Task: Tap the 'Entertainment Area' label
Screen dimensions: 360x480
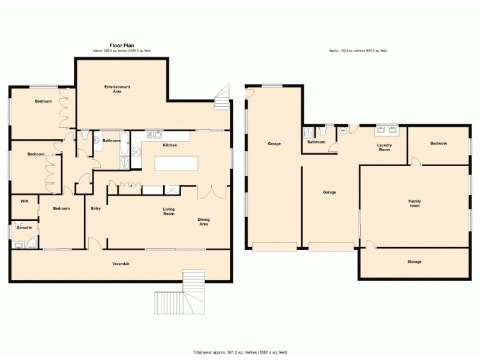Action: pyautogui.click(x=117, y=89)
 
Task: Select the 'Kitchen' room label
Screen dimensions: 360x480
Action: pyautogui.click(x=170, y=145)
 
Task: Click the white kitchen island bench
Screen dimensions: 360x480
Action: pyautogui.click(x=176, y=163)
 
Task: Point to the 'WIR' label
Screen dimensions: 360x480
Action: pyautogui.click(x=25, y=202)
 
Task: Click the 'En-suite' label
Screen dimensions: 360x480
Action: pyautogui.click(x=24, y=228)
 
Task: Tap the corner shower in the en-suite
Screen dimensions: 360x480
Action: pyautogui.click(x=31, y=243)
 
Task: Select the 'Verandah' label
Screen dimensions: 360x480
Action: pyautogui.click(x=121, y=264)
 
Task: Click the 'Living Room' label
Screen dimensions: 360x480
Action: pyautogui.click(x=169, y=211)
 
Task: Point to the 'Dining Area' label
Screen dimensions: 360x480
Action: pyautogui.click(x=203, y=221)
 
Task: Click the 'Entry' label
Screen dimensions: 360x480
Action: pyautogui.click(x=95, y=209)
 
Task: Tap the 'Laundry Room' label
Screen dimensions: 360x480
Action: pyautogui.click(x=384, y=147)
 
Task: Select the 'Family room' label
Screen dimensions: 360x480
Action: pyautogui.click(x=414, y=203)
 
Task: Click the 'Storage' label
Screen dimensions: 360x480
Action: pyautogui.click(x=414, y=262)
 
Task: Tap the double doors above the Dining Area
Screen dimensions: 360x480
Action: pyautogui.click(x=212, y=193)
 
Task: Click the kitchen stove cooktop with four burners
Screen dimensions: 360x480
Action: pyautogui.click(x=136, y=152)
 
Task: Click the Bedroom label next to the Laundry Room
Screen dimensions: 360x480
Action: pyautogui.click(x=438, y=143)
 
